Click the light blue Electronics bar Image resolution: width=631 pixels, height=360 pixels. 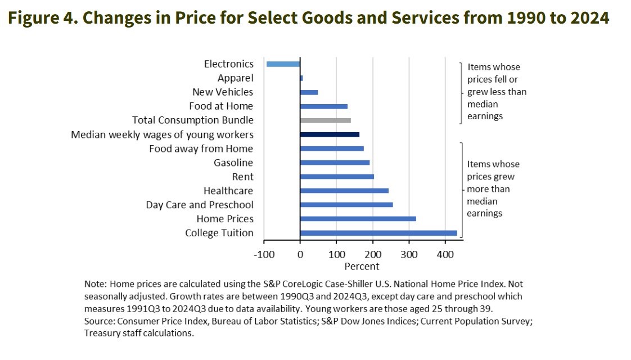tap(283, 64)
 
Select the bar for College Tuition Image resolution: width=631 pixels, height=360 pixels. tap(378, 233)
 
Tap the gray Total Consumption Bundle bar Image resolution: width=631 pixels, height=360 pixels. tap(326, 120)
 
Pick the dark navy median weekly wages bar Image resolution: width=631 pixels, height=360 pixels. tap(330, 134)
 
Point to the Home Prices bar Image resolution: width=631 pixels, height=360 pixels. tap(358, 219)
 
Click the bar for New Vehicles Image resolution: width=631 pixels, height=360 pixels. tap(309, 92)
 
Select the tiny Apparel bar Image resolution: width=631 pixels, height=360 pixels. tap(302, 78)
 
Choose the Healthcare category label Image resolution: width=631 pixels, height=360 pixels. tap(228, 191)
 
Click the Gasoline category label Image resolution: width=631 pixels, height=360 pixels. tap(233, 163)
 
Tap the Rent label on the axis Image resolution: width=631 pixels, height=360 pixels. tap(242, 177)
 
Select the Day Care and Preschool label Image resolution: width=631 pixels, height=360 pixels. tap(200, 205)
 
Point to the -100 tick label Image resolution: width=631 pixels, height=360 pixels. tap(264, 254)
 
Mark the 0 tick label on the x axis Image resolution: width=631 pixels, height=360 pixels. tap(300, 254)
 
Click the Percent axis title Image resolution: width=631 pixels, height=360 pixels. tap(362, 266)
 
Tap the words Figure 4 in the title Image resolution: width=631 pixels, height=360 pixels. tap(42, 18)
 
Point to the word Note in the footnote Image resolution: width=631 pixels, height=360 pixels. tap(94, 283)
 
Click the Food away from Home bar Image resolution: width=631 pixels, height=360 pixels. tap(332, 148)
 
